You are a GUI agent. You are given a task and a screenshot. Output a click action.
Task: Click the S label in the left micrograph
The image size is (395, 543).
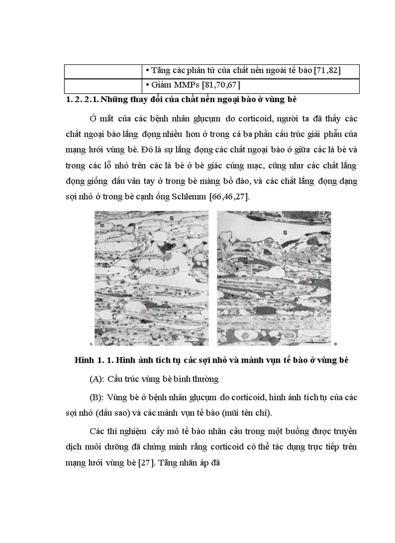(171, 218)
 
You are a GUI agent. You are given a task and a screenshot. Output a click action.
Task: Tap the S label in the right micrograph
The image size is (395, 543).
(284, 233)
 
